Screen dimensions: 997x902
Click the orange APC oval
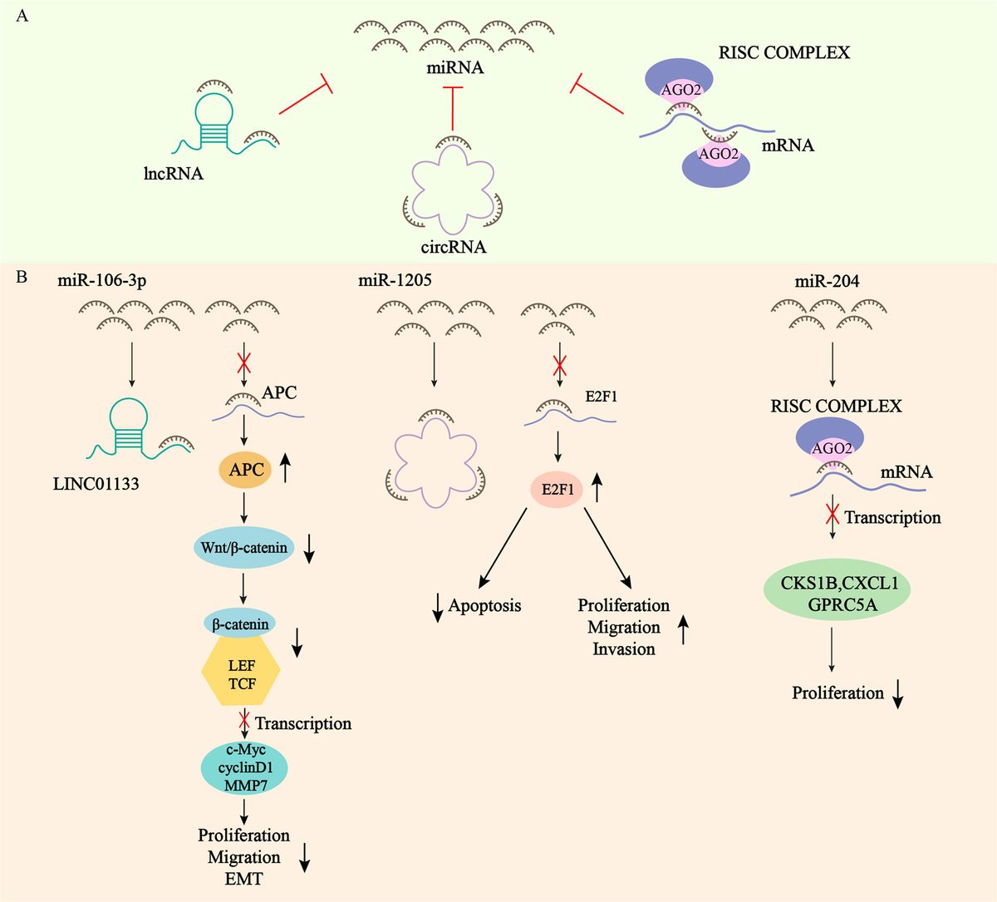click(x=245, y=470)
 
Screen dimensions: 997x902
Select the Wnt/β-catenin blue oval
click(x=243, y=547)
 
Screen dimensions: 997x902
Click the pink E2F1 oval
click(x=557, y=490)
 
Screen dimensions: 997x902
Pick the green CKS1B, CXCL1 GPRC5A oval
click(x=837, y=589)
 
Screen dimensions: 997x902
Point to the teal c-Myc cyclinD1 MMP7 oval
click(x=244, y=767)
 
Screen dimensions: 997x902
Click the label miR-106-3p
click(x=102, y=281)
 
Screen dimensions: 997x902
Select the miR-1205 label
click(x=395, y=280)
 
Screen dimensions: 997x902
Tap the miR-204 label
click(x=827, y=281)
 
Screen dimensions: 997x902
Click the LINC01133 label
click(x=96, y=484)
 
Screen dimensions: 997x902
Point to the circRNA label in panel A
click(x=454, y=247)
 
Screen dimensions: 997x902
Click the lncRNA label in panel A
click(x=174, y=174)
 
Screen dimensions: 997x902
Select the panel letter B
click(x=22, y=277)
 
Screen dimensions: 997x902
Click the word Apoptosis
click(x=484, y=605)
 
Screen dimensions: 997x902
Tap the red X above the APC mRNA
click(x=243, y=362)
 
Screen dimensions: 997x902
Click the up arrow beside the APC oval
click(x=285, y=468)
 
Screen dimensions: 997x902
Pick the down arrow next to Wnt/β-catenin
click(x=308, y=549)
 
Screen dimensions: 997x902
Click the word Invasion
click(x=624, y=649)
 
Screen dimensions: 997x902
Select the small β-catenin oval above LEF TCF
click(x=239, y=624)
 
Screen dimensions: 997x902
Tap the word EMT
click(x=243, y=879)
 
